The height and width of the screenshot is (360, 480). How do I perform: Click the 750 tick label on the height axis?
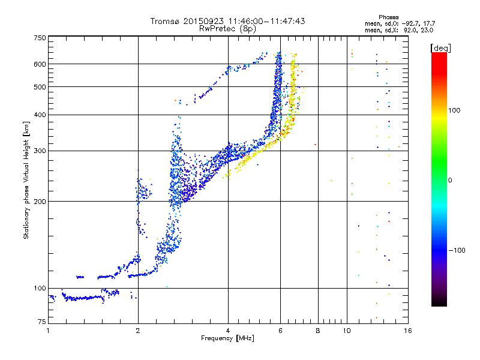40,38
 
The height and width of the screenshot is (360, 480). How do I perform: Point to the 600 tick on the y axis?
40,64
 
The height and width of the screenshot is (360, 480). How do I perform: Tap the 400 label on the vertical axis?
40,115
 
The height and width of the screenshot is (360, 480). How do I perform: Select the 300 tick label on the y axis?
40,151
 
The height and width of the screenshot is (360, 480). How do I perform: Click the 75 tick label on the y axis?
41,323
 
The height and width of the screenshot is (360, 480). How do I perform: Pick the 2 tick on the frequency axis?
138,331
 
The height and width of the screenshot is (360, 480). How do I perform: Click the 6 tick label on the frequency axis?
280,331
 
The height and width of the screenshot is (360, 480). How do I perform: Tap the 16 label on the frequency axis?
407,331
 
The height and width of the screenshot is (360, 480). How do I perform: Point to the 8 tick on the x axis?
318,331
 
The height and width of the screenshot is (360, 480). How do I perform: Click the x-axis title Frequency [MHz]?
227,339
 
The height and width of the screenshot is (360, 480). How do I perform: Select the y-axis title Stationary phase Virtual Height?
26,180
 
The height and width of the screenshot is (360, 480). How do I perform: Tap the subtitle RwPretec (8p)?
227,28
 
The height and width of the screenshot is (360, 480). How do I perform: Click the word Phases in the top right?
389,17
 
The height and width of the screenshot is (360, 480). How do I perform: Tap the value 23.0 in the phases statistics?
427,29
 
